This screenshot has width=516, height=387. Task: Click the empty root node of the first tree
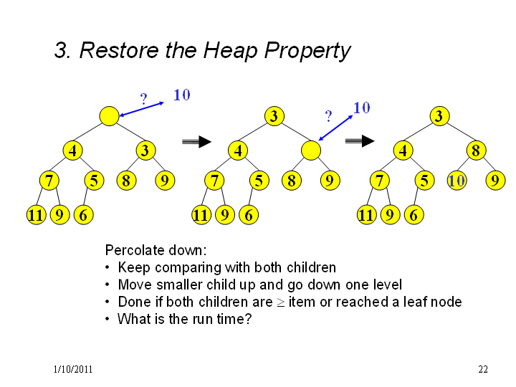coord(109,116)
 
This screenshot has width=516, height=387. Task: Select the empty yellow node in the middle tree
coord(311,150)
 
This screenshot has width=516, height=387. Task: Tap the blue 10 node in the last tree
coord(457,181)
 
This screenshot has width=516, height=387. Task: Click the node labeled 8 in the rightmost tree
coord(476,150)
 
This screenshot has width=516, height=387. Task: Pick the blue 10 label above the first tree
coord(181,95)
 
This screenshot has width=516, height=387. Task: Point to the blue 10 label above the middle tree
coord(362,107)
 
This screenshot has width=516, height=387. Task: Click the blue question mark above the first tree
coord(143,99)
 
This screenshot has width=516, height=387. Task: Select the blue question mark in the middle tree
coord(328,116)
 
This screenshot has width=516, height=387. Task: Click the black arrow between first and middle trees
coord(196,141)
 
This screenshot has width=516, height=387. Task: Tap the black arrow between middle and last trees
coord(360,141)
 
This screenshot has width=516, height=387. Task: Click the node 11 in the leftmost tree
coord(37,215)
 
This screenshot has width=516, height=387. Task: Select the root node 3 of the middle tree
coord(274,116)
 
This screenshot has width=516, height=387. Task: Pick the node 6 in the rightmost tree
coord(414,215)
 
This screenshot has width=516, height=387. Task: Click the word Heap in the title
coord(230,50)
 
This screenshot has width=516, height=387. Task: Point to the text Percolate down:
coord(156,250)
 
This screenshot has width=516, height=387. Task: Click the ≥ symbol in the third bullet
coord(280,302)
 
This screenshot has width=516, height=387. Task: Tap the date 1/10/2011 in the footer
coord(72,369)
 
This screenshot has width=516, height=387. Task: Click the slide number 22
coord(483,369)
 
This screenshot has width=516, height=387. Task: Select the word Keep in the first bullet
coord(134,267)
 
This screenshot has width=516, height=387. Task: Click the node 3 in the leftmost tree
coord(145,150)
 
